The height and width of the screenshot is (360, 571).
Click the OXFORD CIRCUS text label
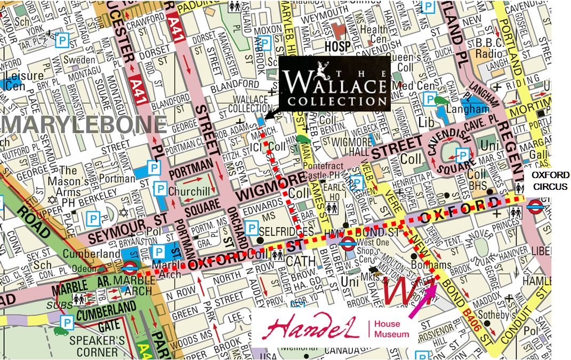(550, 181)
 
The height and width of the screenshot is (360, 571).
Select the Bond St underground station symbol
(348, 244)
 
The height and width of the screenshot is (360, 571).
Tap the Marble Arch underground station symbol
(130, 268)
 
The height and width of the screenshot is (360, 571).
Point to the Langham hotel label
(471, 109)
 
